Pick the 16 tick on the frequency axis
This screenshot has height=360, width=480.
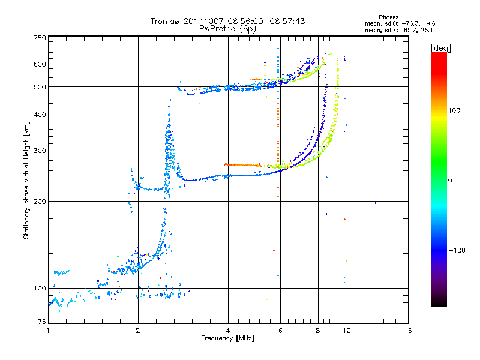pyautogui.click(x=407, y=331)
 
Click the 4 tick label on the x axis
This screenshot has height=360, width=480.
pyautogui.click(x=228, y=331)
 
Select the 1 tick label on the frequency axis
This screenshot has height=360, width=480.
pyautogui.click(x=48, y=331)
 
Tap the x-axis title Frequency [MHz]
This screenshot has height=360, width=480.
pyautogui.click(x=227, y=338)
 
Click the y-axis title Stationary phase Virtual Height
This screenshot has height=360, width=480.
pyautogui.click(x=26, y=179)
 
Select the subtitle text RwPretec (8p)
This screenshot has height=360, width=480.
pyautogui.click(x=227, y=28)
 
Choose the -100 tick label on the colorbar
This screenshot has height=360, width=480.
pyautogui.click(x=457, y=250)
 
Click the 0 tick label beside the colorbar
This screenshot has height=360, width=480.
pyautogui.click(x=451, y=180)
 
